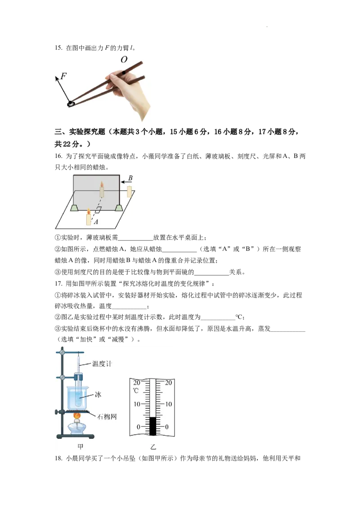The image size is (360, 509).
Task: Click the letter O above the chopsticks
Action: click(x=124, y=60)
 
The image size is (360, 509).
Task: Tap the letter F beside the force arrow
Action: click(x=64, y=76)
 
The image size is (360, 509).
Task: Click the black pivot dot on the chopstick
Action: click(x=123, y=72)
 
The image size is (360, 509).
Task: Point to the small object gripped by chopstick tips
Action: click(x=71, y=103)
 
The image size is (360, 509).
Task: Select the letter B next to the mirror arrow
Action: click(x=130, y=178)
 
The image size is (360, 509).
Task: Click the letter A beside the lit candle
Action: click(x=96, y=222)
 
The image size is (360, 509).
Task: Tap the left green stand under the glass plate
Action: click(x=74, y=208)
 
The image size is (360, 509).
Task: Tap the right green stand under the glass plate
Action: click(x=119, y=208)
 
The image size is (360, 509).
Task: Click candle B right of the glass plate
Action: click(x=129, y=192)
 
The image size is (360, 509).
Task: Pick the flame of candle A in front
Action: click(x=88, y=211)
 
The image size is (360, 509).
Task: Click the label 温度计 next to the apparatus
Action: click(x=102, y=364)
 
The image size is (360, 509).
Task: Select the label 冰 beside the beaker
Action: click(x=98, y=394)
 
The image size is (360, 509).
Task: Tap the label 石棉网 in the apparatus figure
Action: click(x=107, y=417)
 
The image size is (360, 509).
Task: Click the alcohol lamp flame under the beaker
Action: click(x=77, y=415)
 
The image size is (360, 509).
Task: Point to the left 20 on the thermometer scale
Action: click(x=136, y=383)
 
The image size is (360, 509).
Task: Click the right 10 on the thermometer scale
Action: click(x=168, y=405)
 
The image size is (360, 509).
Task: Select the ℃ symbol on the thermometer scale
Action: click(x=136, y=391)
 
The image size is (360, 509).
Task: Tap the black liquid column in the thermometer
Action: click(x=153, y=426)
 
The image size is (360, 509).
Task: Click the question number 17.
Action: click(x=58, y=284)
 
